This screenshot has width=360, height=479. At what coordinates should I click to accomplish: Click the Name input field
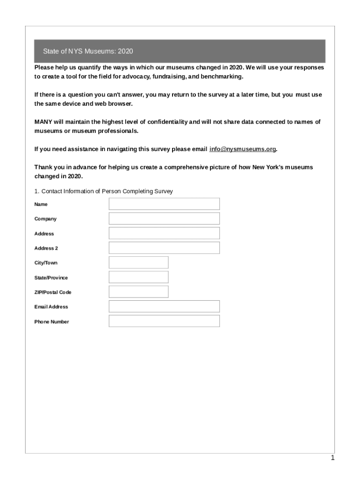click(164, 204)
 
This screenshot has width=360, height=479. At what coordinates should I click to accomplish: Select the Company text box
click(164, 218)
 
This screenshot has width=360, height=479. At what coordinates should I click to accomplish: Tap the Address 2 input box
click(164, 248)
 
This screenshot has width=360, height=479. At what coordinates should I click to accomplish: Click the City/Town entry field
click(138, 262)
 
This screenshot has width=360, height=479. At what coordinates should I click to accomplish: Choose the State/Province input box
click(138, 277)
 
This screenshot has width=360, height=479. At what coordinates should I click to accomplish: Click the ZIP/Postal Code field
click(138, 292)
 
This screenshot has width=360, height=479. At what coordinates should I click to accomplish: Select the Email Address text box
click(164, 306)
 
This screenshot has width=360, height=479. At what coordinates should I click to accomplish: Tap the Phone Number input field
click(164, 321)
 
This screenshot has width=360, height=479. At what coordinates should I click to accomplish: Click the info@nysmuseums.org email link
click(243, 149)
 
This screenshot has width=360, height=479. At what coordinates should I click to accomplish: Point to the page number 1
click(332, 458)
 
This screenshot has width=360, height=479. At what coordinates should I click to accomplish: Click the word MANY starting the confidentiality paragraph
click(43, 122)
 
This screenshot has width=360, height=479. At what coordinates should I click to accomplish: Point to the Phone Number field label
click(51, 322)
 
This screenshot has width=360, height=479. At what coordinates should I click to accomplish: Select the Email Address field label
click(51, 307)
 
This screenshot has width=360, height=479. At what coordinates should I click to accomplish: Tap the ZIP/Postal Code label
click(53, 292)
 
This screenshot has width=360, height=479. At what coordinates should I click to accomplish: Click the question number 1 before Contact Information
click(36, 191)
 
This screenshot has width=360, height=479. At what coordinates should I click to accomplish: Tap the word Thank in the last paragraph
click(43, 167)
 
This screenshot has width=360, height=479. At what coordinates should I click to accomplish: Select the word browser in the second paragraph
click(113, 103)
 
